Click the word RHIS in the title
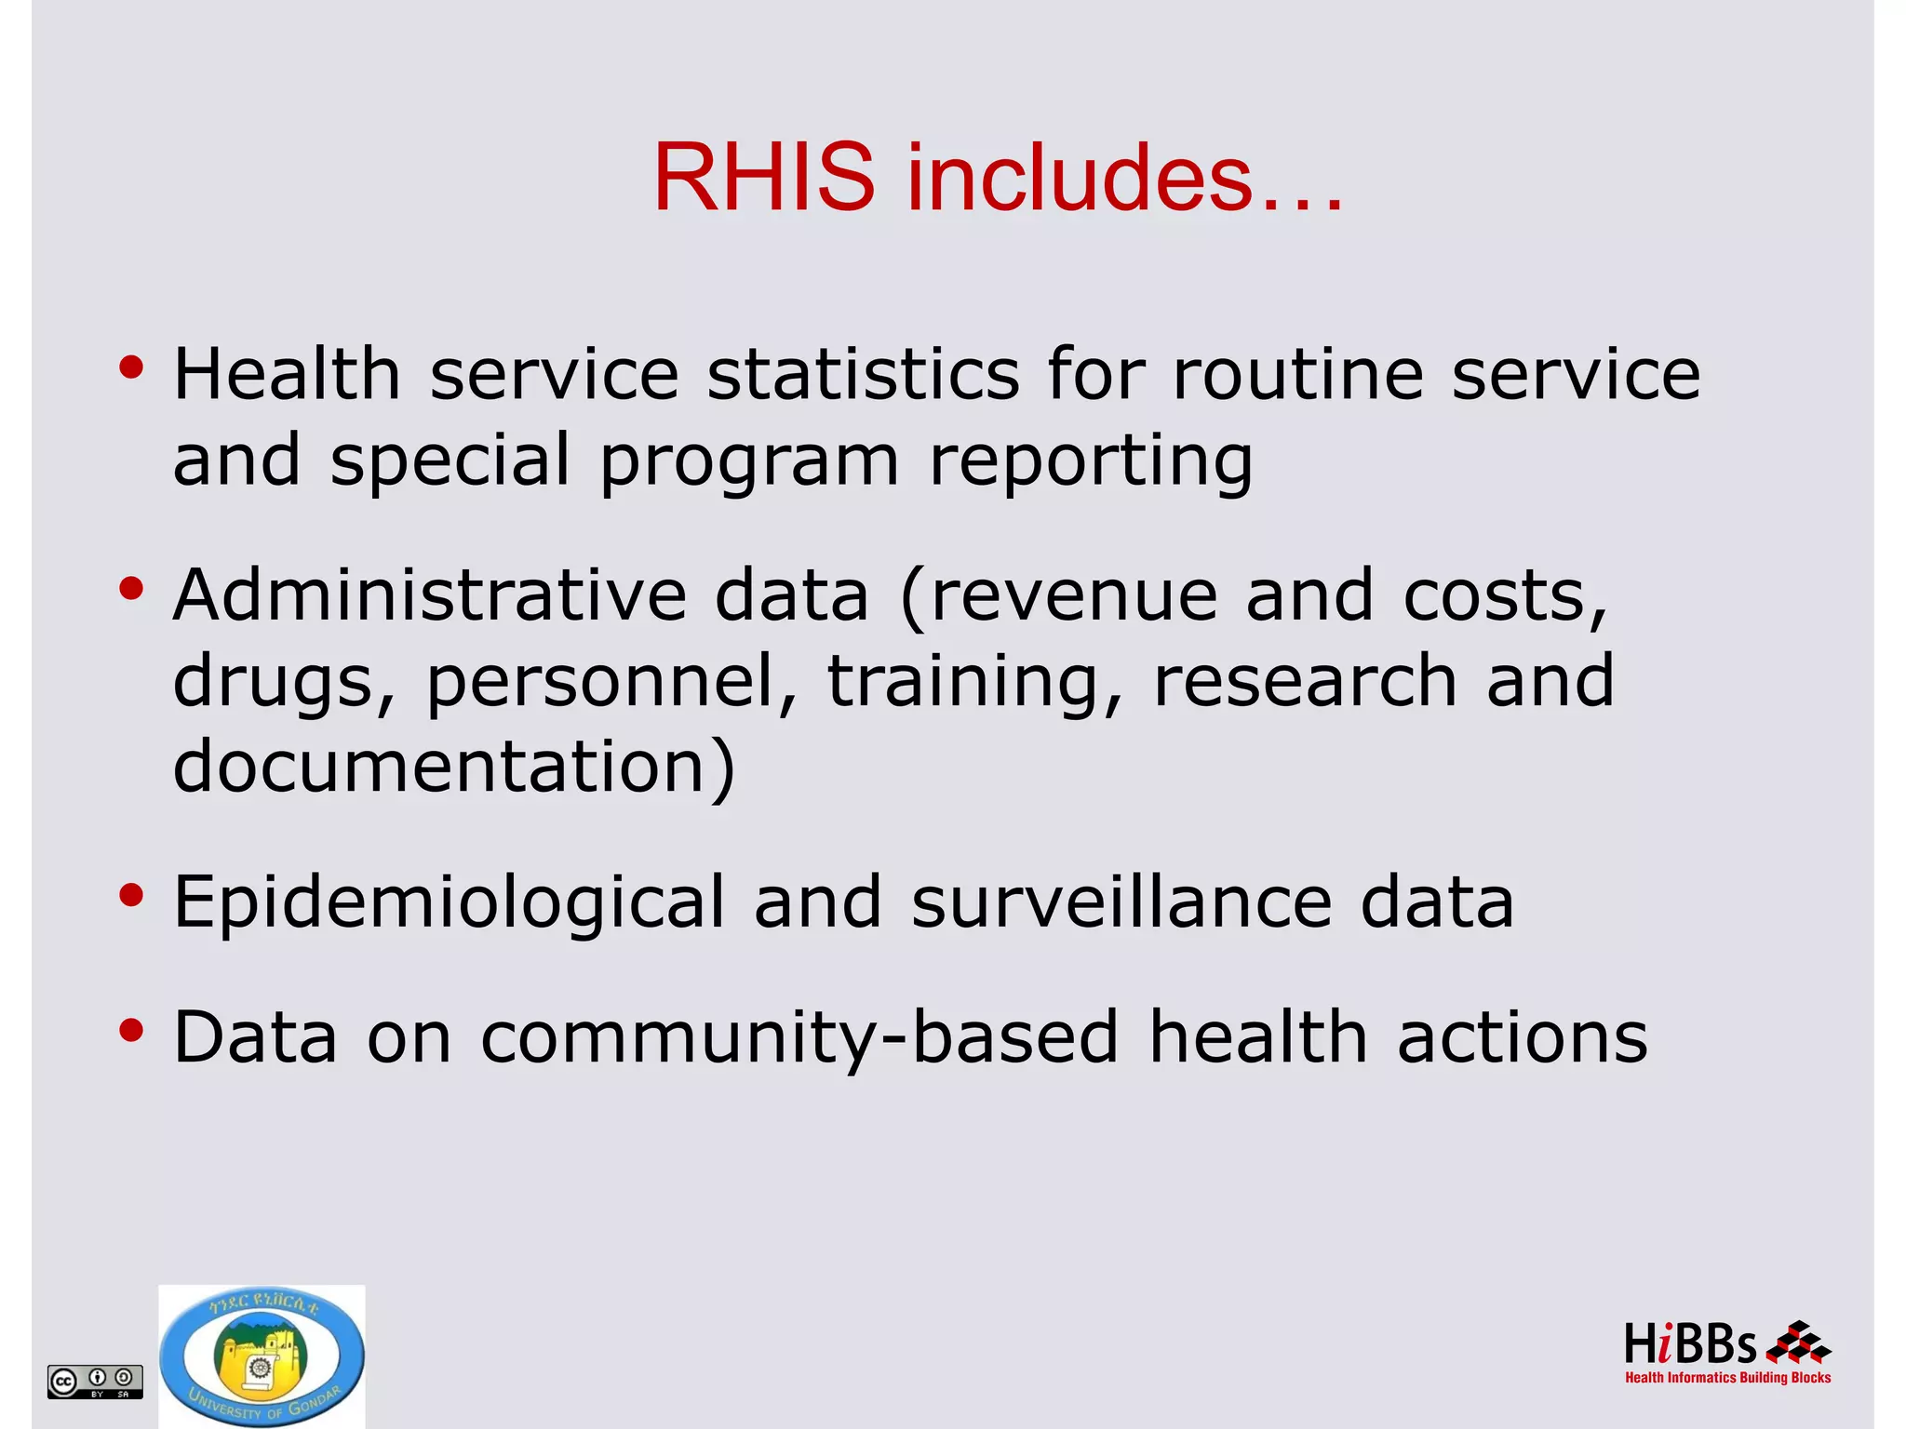[763, 177]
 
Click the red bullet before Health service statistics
[131, 367]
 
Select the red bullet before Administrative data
[131, 589]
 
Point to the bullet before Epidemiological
[131, 895]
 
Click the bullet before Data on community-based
[131, 1030]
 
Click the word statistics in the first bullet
[863, 374]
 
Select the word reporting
[1091, 461]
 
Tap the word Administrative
[429, 595]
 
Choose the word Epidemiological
[449, 902]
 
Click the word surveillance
[1121, 902]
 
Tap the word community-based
[799, 1037]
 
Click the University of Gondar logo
[262, 1356]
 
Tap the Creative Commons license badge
[95, 1381]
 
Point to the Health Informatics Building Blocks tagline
[1727, 1378]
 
